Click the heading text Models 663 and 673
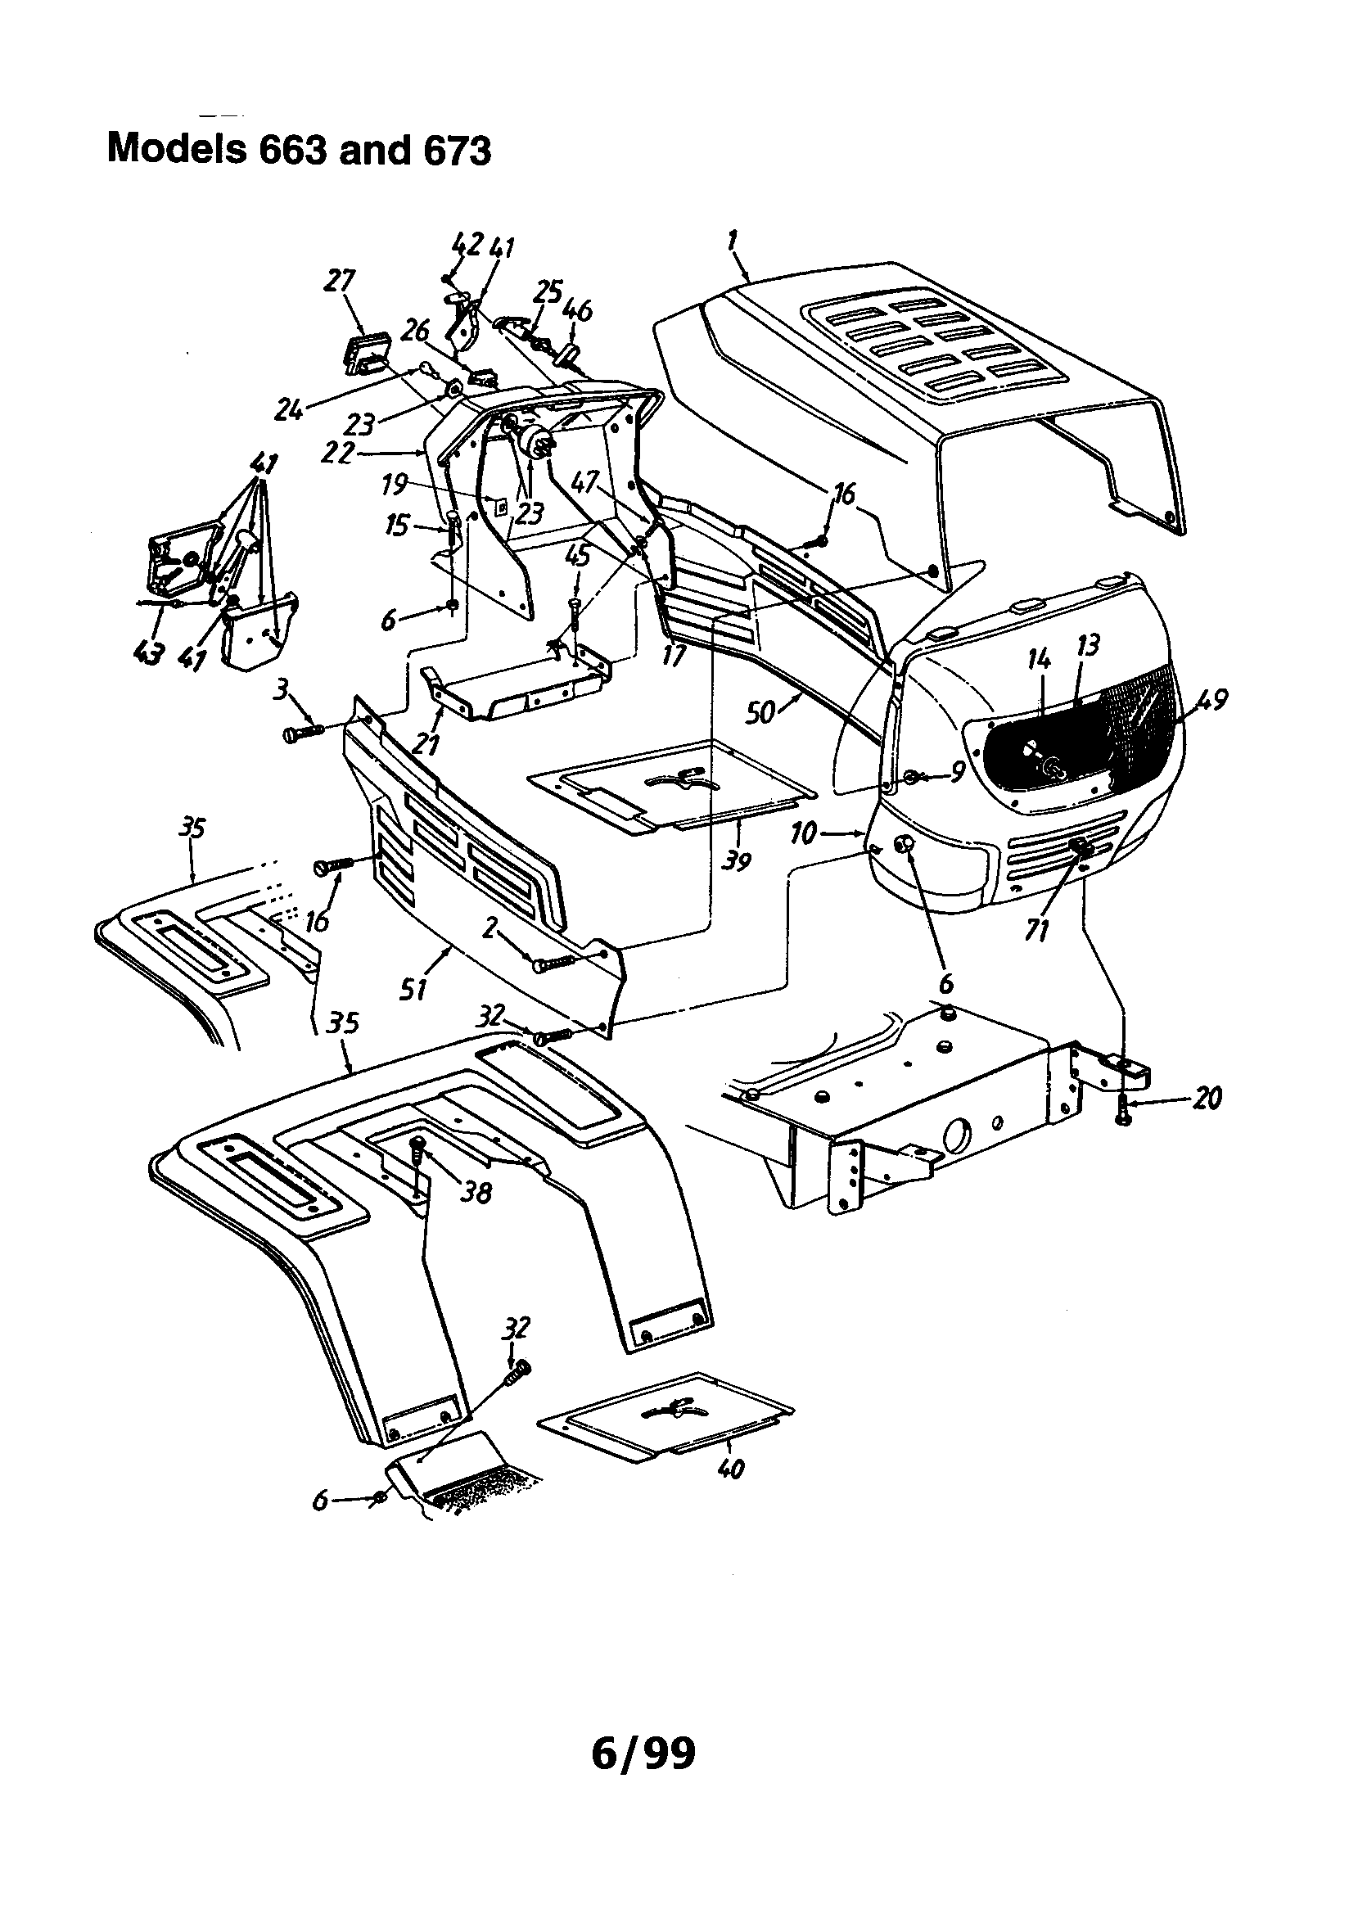[300, 150]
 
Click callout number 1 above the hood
[732, 243]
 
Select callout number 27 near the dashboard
[341, 281]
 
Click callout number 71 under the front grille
[1036, 928]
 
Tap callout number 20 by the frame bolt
[1207, 1098]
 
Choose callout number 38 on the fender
[477, 1193]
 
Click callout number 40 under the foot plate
[730, 1468]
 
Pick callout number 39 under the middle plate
[735, 860]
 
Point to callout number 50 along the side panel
[760, 712]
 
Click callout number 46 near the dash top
[578, 310]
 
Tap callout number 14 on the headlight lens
[1039, 661]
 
